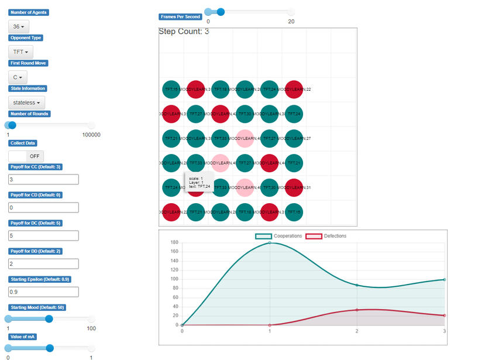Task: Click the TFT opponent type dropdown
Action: [x=20, y=52]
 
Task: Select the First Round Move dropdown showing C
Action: [x=18, y=77]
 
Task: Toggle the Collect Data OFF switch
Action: [x=26, y=156]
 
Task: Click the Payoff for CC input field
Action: [x=43, y=179]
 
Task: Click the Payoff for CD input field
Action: [x=43, y=207]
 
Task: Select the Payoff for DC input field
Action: [x=43, y=235]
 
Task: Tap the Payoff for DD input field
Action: [x=43, y=263]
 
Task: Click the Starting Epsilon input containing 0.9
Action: [x=43, y=292]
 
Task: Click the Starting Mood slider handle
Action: [x=49, y=319]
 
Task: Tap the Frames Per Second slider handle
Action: [x=220, y=11]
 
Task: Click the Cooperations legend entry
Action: [x=278, y=236]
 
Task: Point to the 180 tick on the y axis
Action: [x=174, y=242]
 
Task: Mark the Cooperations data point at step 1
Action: [x=270, y=242]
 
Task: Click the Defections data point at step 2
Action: [x=357, y=310]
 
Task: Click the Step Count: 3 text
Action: [x=184, y=32]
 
